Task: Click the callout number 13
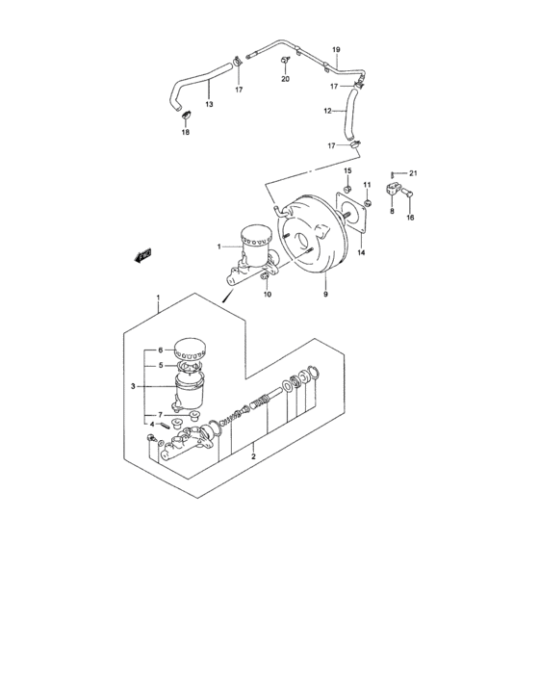pyautogui.click(x=208, y=104)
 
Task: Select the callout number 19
pyautogui.click(x=337, y=49)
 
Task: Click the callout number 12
pyautogui.click(x=327, y=111)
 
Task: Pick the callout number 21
pyautogui.click(x=414, y=172)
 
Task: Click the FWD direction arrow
pyautogui.click(x=142, y=255)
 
